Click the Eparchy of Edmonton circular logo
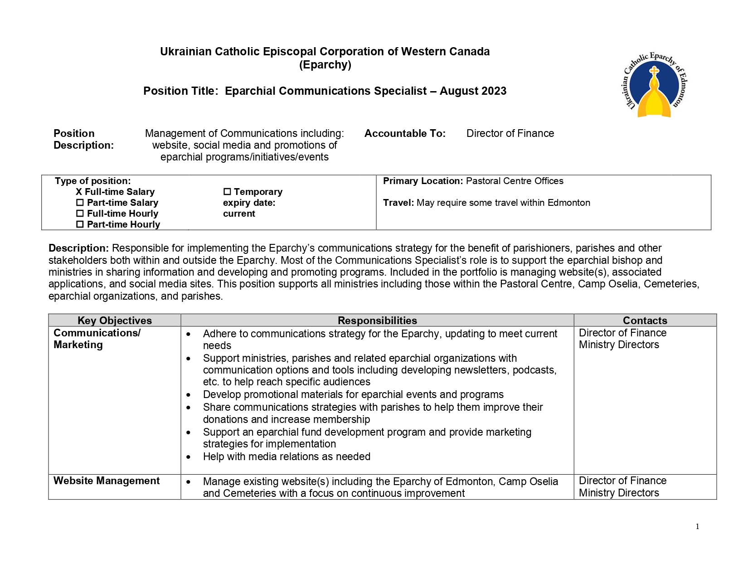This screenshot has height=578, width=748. [654, 85]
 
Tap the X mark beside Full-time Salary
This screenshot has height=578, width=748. [79, 192]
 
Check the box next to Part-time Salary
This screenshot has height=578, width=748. [80, 203]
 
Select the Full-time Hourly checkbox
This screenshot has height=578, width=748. [80, 214]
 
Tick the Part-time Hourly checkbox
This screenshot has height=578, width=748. [80, 224]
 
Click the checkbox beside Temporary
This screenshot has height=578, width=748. [227, 192]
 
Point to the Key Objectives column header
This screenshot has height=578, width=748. [115, 321]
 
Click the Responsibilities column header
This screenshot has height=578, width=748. [377, 321]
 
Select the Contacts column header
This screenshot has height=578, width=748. [645, 321]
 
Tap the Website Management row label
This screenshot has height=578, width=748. [107, 481]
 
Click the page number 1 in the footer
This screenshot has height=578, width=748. [697, 527]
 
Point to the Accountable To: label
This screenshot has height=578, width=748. [405, 134]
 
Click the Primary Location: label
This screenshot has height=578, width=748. [423, 181]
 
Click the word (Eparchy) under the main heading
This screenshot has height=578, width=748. [325, 65]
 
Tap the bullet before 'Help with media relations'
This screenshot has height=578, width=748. [189, 457]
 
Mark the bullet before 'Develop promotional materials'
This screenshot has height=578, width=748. [189, 395]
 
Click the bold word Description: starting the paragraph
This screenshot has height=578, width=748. [78, 248]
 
